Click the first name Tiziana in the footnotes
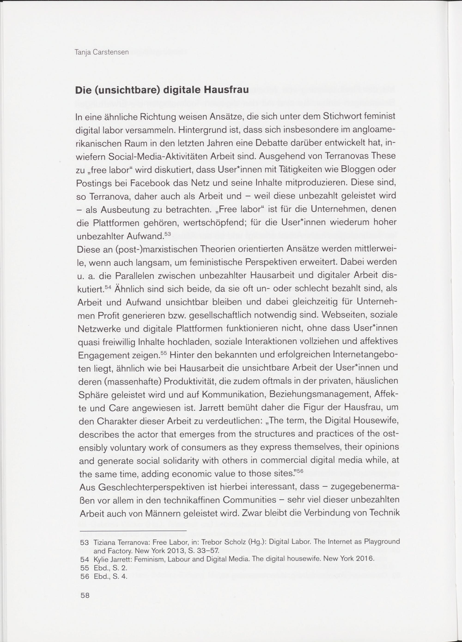pos(104,543)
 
